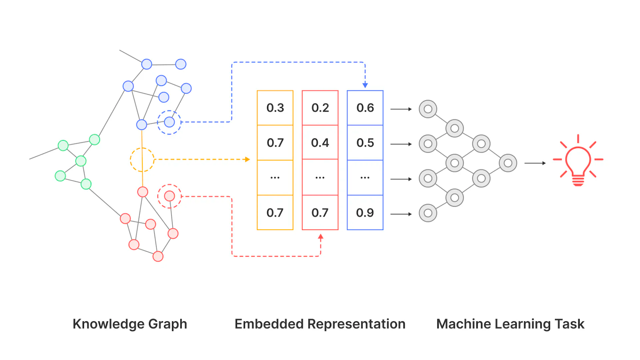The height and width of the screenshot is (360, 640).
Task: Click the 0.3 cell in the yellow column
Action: coord(275,108)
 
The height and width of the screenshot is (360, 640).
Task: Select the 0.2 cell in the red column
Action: coord(320,108)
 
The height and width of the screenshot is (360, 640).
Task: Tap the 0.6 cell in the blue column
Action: coord(365,108)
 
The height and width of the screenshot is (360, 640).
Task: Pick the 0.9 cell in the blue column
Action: coord(365,213)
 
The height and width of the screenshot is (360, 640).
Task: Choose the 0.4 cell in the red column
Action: coord(320,143)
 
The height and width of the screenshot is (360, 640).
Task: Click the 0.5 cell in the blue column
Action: coord(365,143)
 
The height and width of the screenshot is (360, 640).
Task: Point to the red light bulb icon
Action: coord(578,162)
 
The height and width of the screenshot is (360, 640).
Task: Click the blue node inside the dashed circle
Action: coord(169,122)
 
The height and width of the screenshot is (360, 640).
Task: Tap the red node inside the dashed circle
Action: coord(169,196)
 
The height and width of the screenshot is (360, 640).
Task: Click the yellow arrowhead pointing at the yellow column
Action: coord(247,159)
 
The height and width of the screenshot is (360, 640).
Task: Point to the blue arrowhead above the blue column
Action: coord(365,85)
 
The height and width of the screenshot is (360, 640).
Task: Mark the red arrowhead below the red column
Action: coord(320,237)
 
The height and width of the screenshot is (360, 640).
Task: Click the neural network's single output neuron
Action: coord(508,163)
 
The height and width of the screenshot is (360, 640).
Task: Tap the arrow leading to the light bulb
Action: coord(535,163)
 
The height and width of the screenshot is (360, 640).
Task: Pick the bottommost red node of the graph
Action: coord(158,256)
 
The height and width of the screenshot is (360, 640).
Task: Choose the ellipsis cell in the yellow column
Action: coord(275,178)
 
